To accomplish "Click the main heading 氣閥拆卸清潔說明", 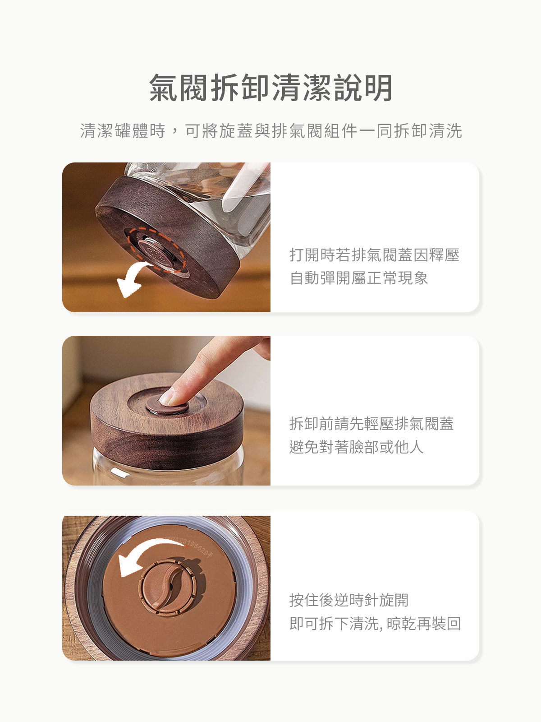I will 270,88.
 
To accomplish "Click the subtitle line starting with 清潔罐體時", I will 270,131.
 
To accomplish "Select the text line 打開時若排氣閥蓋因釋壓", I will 374,255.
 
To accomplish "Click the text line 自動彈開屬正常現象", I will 358,278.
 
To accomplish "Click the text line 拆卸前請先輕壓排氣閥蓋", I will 371,424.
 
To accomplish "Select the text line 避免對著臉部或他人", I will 356,447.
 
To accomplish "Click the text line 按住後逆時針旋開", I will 348,600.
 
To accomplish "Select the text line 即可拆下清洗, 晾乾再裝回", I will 375,624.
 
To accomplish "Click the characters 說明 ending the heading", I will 363,88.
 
